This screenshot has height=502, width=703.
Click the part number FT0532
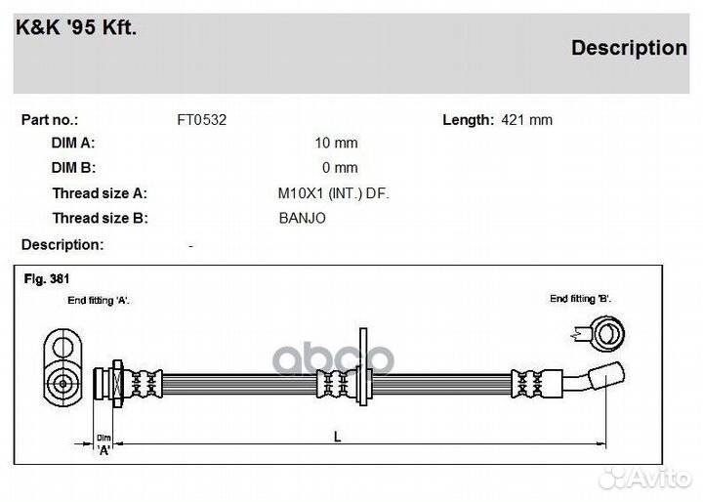click(202, 120)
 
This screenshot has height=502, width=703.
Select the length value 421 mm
click(527, 120)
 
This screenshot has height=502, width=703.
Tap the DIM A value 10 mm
click(336, 144)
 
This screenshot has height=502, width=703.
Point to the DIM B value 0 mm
click(340, 168)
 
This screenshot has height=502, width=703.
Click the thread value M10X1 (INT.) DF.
click(334, 193)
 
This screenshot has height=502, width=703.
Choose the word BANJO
click(302, 218)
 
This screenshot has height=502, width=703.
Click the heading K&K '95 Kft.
click(76, 27)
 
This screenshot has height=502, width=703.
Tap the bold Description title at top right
click(629, 48)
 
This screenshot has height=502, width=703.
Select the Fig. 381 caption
click(47, 279)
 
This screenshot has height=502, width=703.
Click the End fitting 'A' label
click(99, 301)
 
